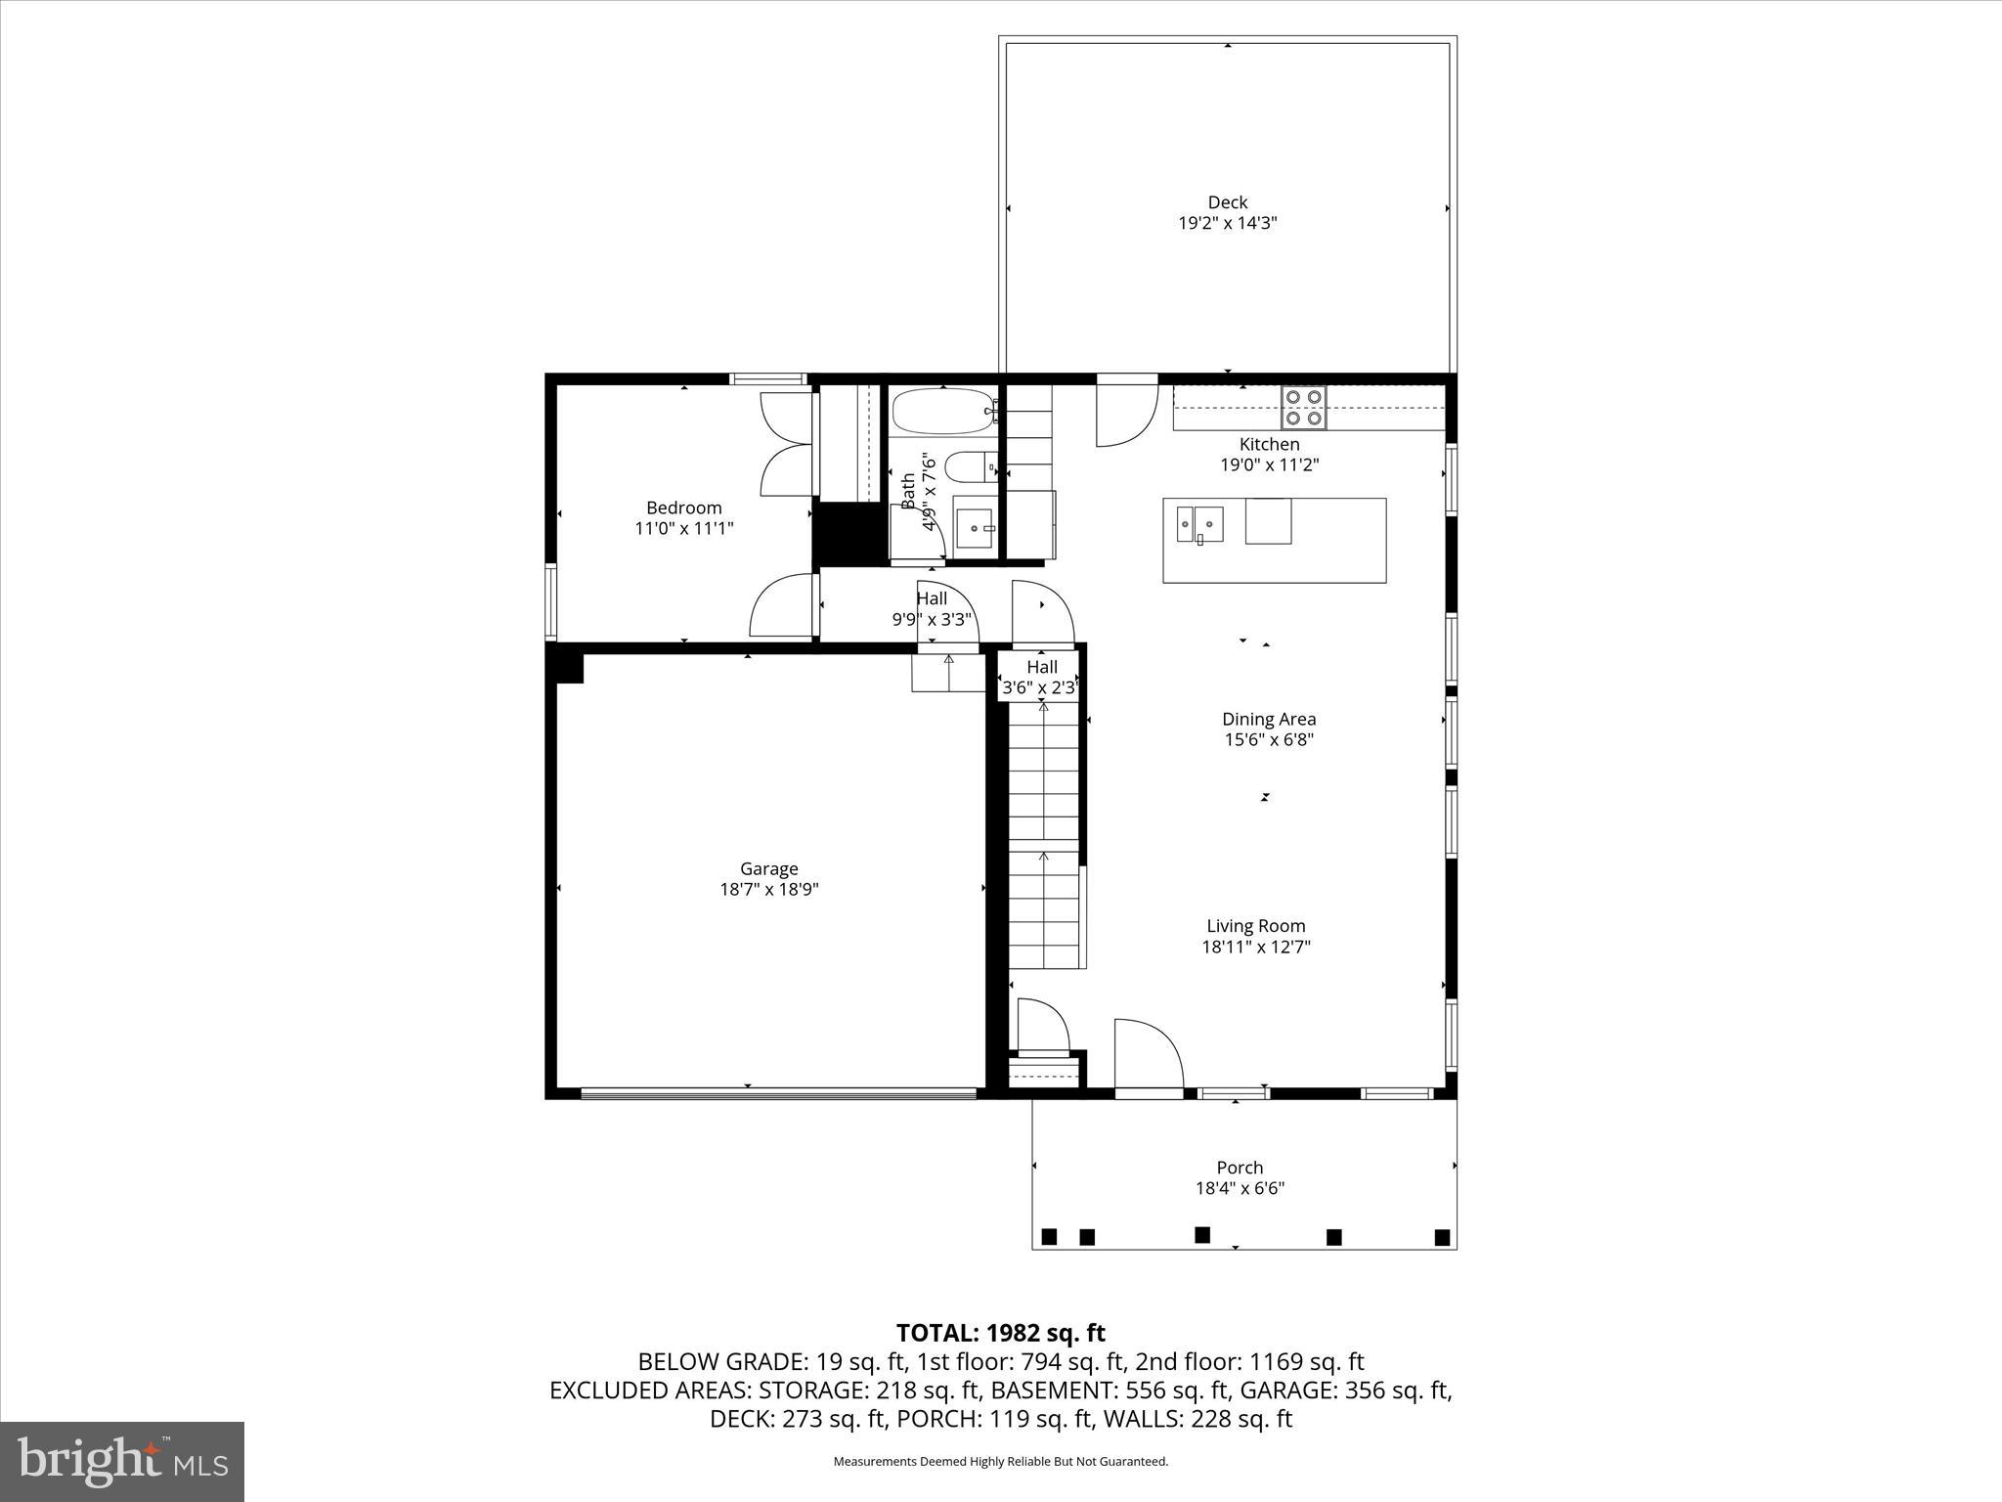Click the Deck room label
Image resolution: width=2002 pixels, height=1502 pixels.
tap(1227, 202)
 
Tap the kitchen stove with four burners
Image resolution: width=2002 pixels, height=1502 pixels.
tap(1304, 408)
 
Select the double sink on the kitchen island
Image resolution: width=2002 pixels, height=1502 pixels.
tap(1200, 523)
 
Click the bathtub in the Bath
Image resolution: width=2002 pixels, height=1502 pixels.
tap(942, 412)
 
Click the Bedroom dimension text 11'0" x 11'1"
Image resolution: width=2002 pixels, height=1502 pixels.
tap(683, 529)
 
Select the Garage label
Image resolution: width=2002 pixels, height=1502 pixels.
tap(768, 868)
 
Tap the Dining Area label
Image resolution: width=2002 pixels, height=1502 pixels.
tap(1268, 719)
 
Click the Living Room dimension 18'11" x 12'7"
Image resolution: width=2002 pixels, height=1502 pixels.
tap(1255, 947)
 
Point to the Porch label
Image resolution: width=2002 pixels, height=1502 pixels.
tap(1240, 1168)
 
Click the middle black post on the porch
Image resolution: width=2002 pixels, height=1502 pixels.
tap(1202, 1235)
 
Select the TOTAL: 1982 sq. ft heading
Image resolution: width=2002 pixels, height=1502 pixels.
tap(1000, 1333)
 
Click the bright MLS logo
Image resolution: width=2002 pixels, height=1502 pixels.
tap(122, 1461)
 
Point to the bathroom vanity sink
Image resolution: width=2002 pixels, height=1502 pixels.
tap(974, 528)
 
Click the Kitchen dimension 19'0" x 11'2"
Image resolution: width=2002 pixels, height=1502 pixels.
tap(1269, 465)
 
